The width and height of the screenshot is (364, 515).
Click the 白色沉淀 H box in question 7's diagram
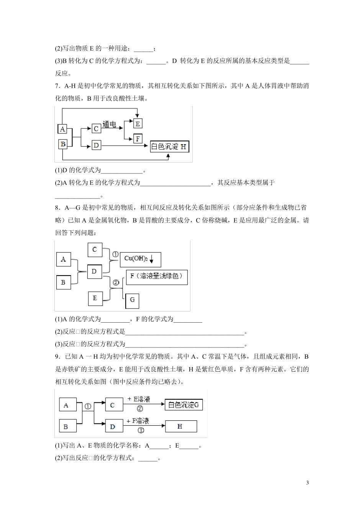click(x=169, y=146)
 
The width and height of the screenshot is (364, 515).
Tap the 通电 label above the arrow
click(x=109, y=124)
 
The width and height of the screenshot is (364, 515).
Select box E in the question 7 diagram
click(x=138, y=123)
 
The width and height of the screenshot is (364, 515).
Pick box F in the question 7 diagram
click(x=138, y=138)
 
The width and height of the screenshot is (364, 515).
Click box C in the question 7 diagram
click(x=96, y=128)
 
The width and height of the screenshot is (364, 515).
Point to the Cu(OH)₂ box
click(x=140, y=259)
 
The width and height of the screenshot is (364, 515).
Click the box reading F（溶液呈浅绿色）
click(x=157, y=277)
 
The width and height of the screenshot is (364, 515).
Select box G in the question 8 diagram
click(x=132, y=300)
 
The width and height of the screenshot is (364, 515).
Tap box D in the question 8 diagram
click(x=94, y=272)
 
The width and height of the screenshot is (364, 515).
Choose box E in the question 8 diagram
click(x=95, y=298)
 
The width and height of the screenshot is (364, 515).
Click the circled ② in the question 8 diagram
click(x=116, y=283)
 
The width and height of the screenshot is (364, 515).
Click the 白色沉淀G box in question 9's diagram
click(x=184, y=405)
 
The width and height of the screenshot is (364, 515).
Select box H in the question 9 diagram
click(x=180, y=426)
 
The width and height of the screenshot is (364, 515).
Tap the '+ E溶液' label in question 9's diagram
click(x=139, y=399)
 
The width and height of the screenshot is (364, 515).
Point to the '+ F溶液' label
click(x=138, y=421)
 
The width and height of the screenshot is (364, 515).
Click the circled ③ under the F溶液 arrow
click(x=141, y=430)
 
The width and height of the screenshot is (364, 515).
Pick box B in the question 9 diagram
click(x=66, y=426)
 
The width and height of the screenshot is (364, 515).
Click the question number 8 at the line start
click(x=57, y=208)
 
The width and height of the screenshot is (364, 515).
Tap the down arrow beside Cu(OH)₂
click(x=152, y=260)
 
